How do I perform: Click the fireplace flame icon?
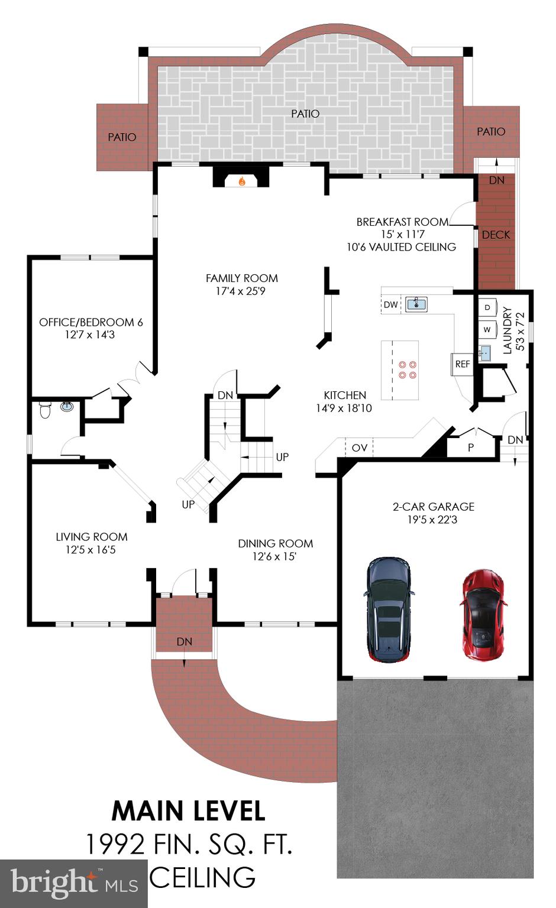tap(241, 181)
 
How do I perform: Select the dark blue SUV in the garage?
tap(388, 609)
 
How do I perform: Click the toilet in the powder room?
tap(45, 409)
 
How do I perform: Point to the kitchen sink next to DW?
tap(416, 304)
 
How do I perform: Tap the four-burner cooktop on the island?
tap(407, 370)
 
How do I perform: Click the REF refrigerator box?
tap(462, 364)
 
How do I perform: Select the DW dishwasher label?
tap(390, 305)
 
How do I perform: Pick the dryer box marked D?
tap(487, 307)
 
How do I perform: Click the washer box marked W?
tap(487, 329)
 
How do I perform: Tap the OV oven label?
tap(360, 447)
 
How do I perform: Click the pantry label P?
tap(471, 447)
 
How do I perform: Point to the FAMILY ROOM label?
tap(241, 278)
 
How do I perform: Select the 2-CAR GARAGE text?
tap(433, 507)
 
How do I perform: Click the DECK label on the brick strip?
tap(496, 235)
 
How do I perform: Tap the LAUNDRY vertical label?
tap(507, 329)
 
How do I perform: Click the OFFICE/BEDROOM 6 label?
tap(90, 322)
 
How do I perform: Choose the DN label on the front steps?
tap(184, 641)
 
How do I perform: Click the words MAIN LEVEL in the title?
tap(188, 811)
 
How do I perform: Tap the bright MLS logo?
tap(73, 883)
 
